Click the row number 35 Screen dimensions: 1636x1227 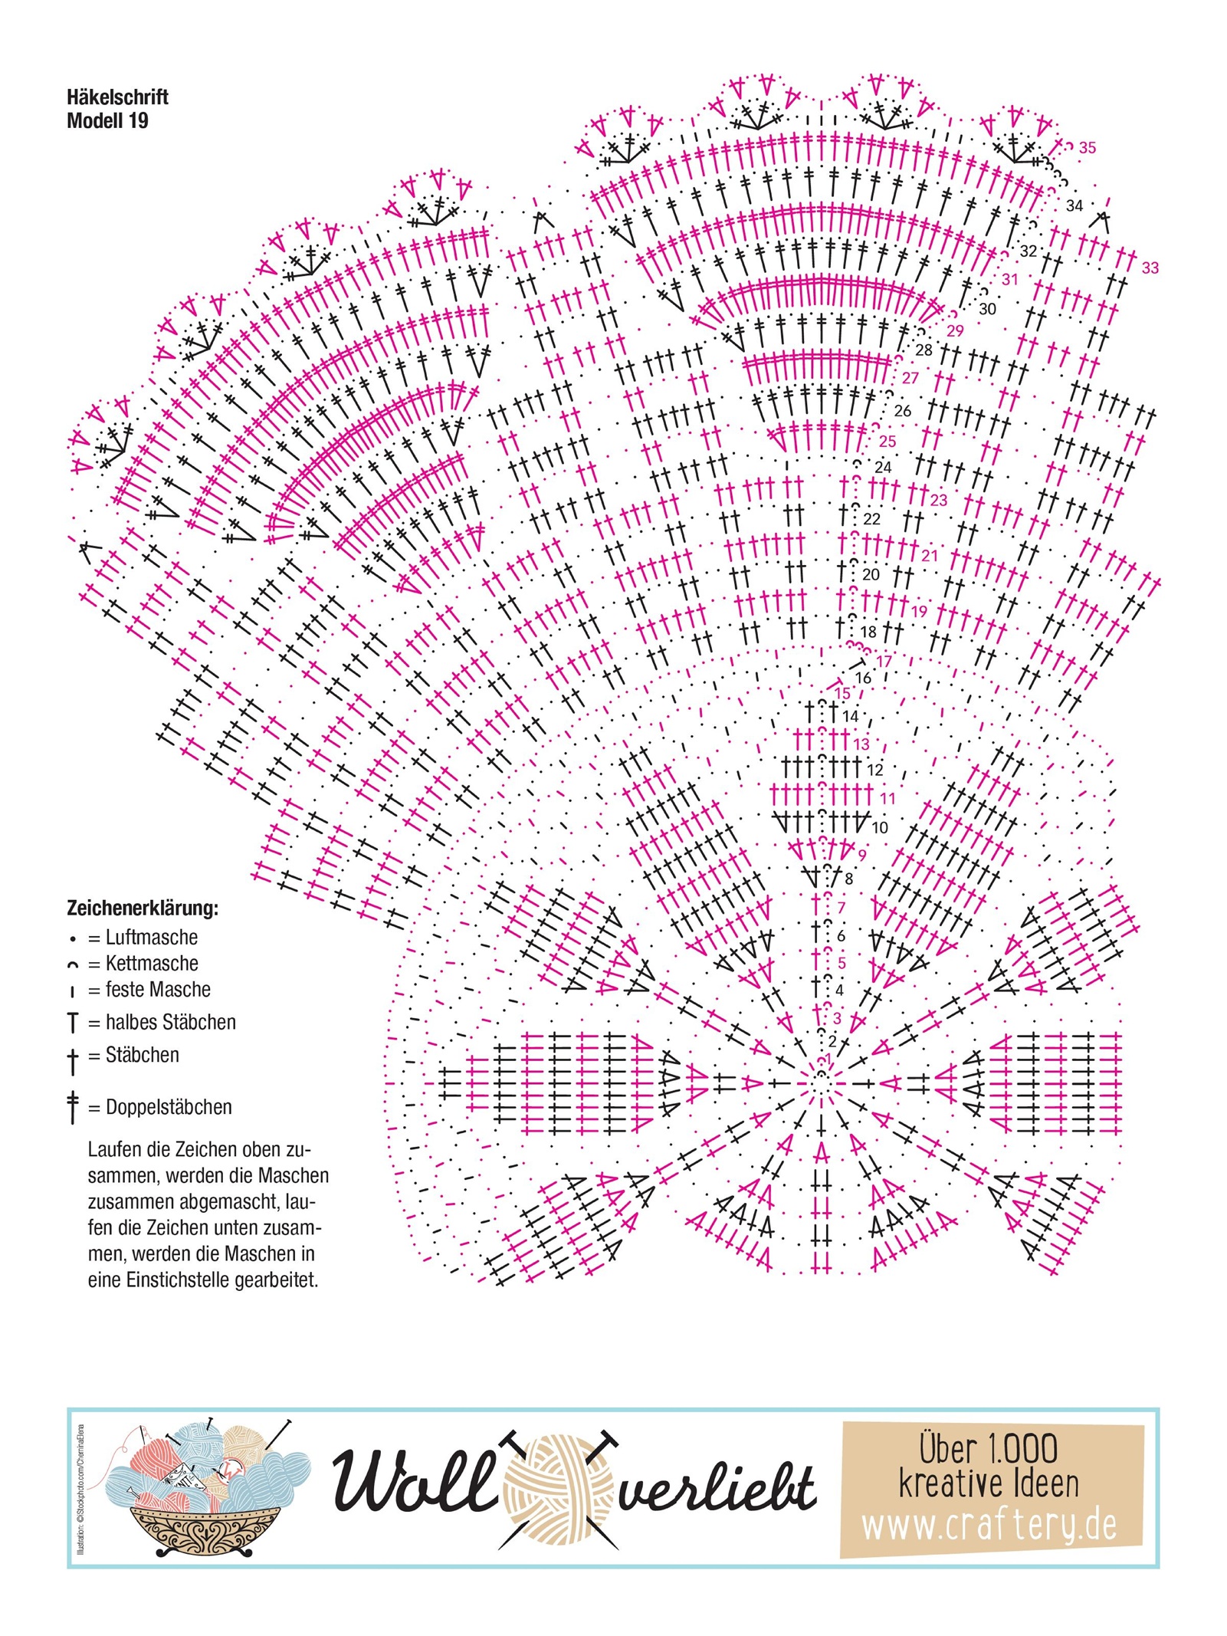[1087, 148]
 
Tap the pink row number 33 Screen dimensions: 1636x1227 [1150, 268]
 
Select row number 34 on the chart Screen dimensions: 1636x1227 [1074, 205]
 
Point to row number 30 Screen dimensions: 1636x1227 [987, 309]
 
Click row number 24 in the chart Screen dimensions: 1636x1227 [883, 467]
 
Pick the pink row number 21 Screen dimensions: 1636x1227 [930, 556]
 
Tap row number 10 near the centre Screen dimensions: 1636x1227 [879, 828]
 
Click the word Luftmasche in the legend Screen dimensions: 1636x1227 [151, 938]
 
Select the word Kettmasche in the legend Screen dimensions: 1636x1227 [151, 964]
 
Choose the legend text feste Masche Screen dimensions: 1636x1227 [157, 990]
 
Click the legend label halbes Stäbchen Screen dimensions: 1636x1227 [170, 1023]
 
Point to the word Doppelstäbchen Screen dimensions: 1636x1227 [169, 1107]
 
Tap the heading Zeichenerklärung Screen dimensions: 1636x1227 [143, 908]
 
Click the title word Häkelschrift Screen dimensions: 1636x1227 [117, 97]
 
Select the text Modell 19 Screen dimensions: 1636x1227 [107, 120]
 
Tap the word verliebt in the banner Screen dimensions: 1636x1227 [717, 1490]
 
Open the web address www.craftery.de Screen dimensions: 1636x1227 [989, 1526]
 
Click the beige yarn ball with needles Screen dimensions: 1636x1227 [559, 1487]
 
